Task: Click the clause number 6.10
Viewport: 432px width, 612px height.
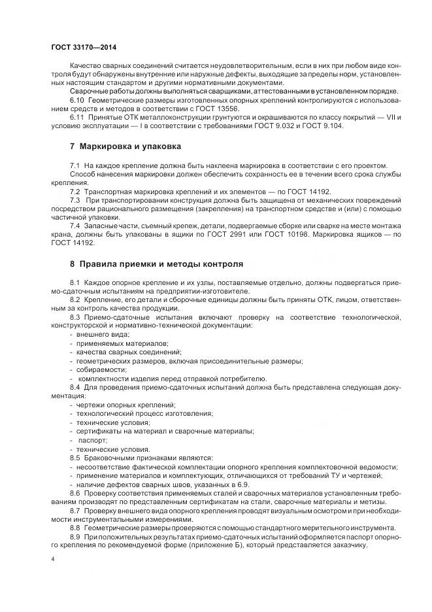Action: click(77, 99)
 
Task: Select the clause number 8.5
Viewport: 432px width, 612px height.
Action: click(75, 458)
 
